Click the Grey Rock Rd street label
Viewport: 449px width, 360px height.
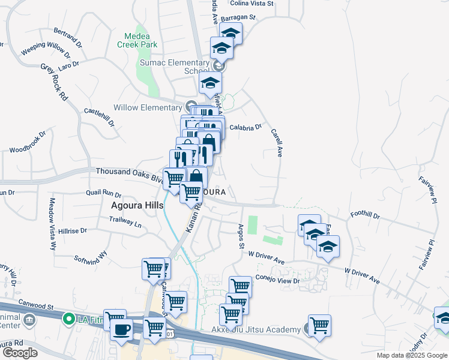click(x=54, y=82)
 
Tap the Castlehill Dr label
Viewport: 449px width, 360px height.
click(x=99, y=116)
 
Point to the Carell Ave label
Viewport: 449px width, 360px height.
click(x=276, y=142)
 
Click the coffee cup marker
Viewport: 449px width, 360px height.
click(x=121, y=329)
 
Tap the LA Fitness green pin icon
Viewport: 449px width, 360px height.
click(x=70, y=319)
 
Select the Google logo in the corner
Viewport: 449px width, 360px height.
click(x=19, y=353)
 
